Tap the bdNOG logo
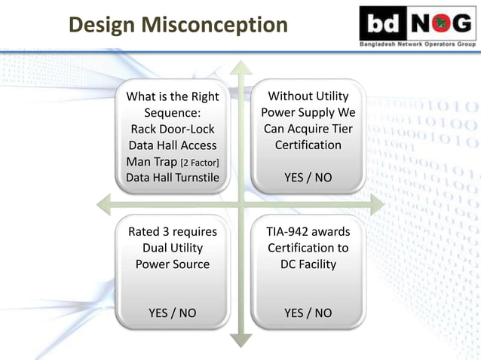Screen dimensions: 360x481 click(x=417, y=24)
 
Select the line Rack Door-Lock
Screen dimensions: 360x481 click(x=173, y=129)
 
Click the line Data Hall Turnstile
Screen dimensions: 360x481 click(x=173, y=178)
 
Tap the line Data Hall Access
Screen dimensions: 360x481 click(x=173, y=145)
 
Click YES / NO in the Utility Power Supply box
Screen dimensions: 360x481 click(x=308, y=178)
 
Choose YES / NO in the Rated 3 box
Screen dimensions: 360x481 click(x=173, y=313)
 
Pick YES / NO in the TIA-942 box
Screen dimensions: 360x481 click(x=308, y=313)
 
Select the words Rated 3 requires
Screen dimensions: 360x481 click(x=173, y=231)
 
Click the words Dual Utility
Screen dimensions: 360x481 click(x=173, y=248)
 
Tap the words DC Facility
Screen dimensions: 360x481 click(x=308, y=264)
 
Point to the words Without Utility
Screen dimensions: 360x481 click(x=308, y=96)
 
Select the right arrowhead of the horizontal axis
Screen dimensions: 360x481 click(x=376, y=203)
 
